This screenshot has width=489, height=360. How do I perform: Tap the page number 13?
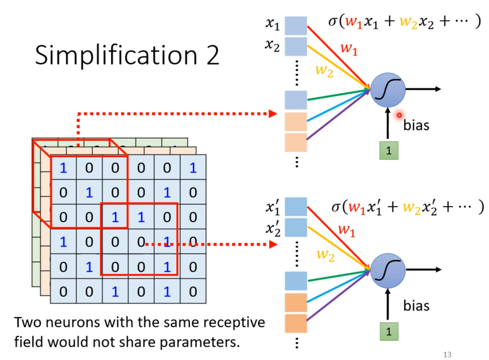447,354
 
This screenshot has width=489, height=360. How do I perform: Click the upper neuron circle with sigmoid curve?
388,89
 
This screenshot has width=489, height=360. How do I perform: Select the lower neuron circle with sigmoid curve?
388,271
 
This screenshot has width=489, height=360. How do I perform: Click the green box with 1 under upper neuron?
389,150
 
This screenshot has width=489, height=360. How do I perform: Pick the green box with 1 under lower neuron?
389,331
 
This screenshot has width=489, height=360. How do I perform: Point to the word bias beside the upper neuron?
416,125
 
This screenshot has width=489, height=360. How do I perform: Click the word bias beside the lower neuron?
416,306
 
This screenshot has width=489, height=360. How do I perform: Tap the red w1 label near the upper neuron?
349,49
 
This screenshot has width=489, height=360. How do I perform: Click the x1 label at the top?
272,24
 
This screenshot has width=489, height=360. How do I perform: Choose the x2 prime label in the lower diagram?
273,229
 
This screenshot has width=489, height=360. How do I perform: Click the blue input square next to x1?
296,25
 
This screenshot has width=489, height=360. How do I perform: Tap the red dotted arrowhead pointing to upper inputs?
273,114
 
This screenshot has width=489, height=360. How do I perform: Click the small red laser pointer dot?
399,115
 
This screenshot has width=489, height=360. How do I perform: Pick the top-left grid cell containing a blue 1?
63,168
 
